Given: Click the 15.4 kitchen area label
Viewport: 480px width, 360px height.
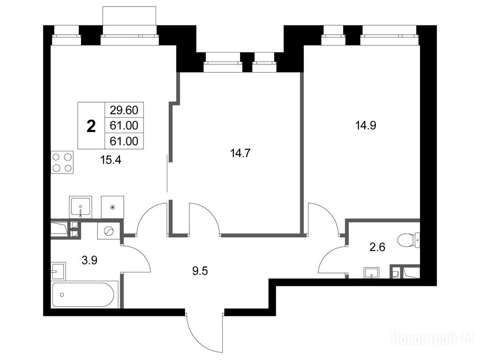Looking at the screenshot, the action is (111, 159).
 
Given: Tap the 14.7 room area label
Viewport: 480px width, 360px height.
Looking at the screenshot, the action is (240, 153).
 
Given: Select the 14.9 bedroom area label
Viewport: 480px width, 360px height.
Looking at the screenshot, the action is (366, 125).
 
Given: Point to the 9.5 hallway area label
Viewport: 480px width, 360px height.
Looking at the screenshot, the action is (200, 271).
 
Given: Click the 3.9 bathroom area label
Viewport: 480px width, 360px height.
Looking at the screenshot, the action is (90, 260).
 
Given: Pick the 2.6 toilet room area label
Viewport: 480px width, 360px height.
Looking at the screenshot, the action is (377, 247).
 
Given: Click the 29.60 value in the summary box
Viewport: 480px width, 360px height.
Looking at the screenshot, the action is (124, 110).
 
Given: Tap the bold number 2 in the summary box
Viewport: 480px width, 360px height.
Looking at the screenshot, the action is (91, 126).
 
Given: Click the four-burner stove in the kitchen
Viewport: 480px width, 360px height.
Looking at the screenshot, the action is (62, 163).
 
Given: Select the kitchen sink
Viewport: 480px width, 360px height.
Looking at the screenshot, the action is (81, 207).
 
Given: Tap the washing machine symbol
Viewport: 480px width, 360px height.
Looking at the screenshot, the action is (108, 231).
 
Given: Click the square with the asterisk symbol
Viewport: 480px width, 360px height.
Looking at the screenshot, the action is (112, 207).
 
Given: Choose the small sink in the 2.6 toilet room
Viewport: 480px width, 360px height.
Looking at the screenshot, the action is (371, 272).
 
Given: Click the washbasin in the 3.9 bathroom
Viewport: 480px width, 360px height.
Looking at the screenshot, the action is (58, 271).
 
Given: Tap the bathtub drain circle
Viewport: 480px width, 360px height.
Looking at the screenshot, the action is (62, 295).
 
